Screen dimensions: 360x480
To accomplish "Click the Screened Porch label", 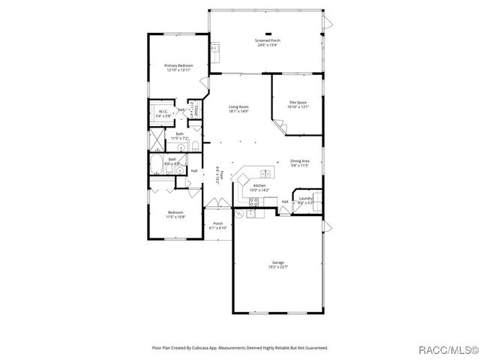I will [x=266, y=40].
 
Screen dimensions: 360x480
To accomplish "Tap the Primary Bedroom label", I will [x=178, y=66].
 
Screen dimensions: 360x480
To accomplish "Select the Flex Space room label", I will [x=298, y=102].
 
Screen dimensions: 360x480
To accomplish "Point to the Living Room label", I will [x=238, y=107].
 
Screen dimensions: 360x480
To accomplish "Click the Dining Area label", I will [x=300, y=160].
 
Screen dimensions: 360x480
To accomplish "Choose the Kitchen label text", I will [x=259, y=185].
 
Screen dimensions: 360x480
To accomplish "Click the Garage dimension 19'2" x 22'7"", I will [x=278, y=267].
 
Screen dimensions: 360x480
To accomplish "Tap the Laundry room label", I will [x=305, y=199].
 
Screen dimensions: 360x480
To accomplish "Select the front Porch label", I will [x=217, y=223].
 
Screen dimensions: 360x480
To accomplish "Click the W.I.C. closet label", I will [x=162, y=112].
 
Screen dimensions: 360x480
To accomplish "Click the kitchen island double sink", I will [x=265, y=174].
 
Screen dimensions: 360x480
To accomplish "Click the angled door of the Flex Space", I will [x=279, y=129].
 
